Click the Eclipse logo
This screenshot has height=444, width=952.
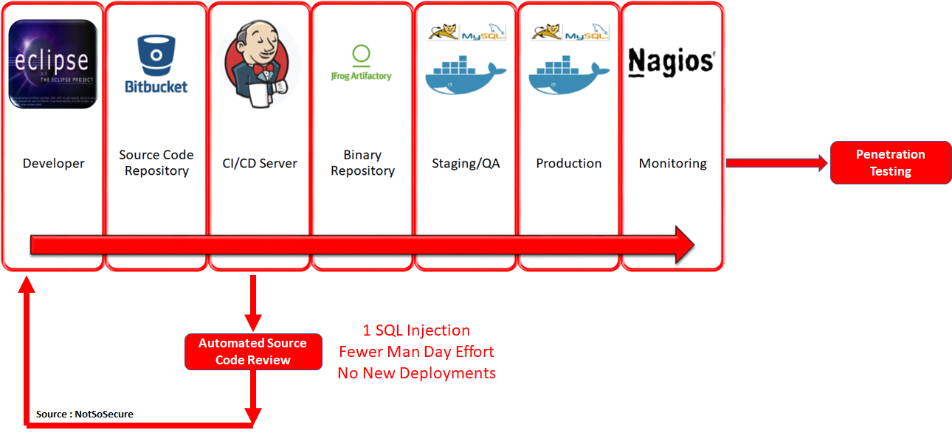[x=53, y=64]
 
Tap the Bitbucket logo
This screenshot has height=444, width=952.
[x=156, y=65]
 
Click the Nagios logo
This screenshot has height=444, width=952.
[x=671, y=63]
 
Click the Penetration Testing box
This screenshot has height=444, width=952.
[x=890, y=163]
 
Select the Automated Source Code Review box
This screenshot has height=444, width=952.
[x=252, y=352]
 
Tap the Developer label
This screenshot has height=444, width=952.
[x=53, y=164]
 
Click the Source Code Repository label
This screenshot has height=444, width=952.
[x=156, y=163]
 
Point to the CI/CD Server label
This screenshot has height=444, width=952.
[x=260, y=164]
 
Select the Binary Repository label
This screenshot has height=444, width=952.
[x=362, y=163]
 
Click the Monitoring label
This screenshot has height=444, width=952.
[x=672, y=164]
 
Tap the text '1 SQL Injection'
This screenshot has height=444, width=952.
[x=416, y=330]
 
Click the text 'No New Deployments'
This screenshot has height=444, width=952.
[x=416, y=373]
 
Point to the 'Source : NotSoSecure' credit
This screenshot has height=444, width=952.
[x=85, y=414]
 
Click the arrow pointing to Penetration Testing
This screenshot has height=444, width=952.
[x=776, y=163]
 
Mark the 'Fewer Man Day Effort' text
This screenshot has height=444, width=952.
[x=416, y=352]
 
